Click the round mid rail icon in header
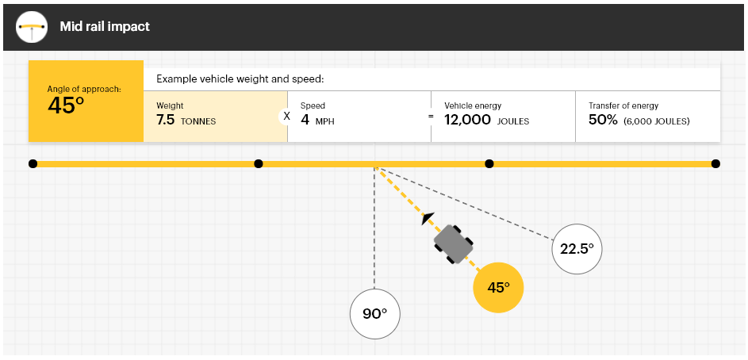(32, 27)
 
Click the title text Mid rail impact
(105, 27)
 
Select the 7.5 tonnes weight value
(186, 121)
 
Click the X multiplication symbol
(286, 116)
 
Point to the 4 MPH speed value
(317, 121)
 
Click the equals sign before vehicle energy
(431, 116)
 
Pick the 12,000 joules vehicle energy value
(486, 121)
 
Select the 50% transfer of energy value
(603, 121)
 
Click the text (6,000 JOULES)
(657, 121)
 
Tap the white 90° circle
(375, 314)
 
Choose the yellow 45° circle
(498, 288)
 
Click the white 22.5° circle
(577, 249)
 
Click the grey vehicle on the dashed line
(453, 243)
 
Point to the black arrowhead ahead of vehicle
(428, 218)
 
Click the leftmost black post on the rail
(33, 164)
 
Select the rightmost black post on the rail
(715, 164)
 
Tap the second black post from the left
(259, 164)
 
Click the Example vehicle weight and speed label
(240, 79)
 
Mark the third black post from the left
(489, 164)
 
